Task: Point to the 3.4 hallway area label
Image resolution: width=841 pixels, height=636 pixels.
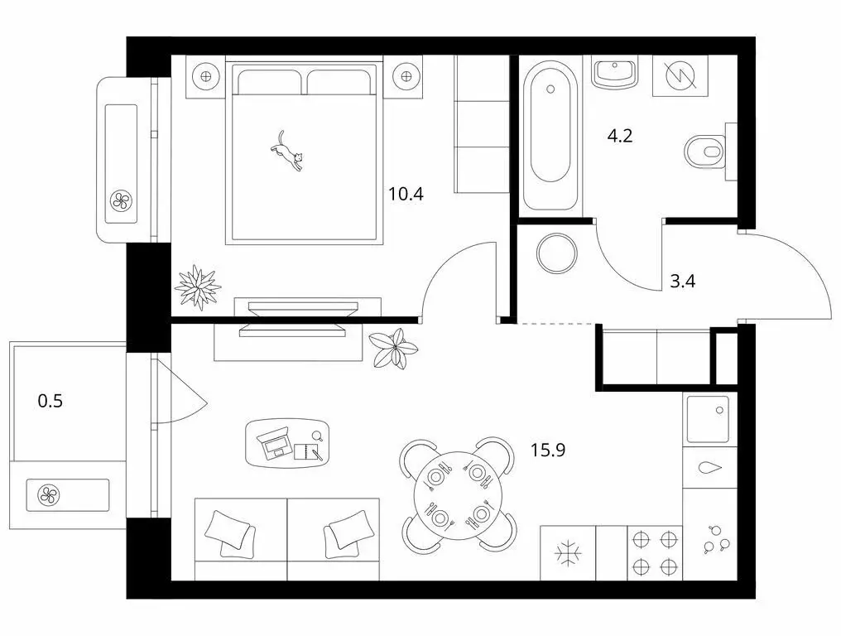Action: click(x=682, y=281)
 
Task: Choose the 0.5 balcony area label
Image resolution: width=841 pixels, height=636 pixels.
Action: click(x=50, y=402)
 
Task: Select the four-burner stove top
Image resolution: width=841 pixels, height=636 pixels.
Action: click(x=654, y=552)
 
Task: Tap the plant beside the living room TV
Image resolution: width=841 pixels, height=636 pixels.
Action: click(x=392, y=345)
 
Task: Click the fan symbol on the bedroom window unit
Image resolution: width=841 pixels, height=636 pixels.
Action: click(x=121, y=200)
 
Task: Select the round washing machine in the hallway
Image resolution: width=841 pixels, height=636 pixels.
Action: click(x=555, y=253)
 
